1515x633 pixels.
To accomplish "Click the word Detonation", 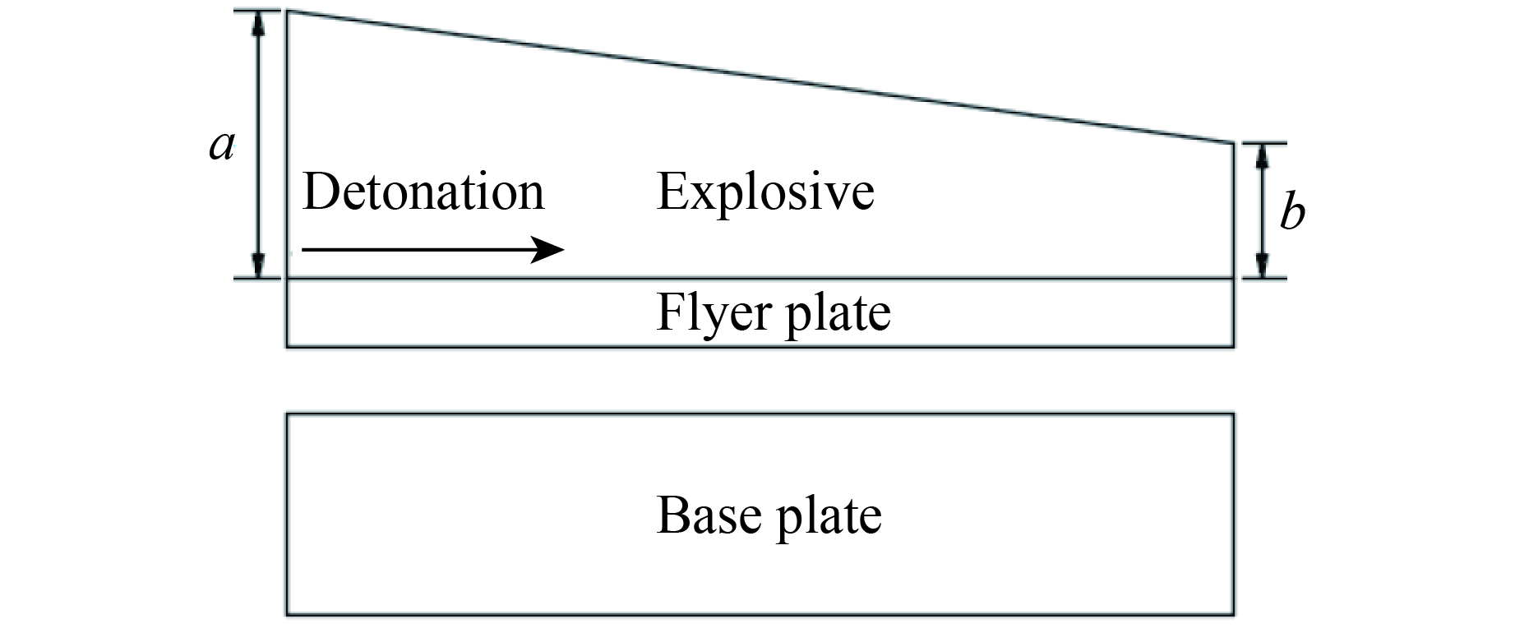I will [423, 192].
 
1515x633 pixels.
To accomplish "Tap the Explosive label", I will [765, 192].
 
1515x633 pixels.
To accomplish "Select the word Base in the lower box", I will [708, 515].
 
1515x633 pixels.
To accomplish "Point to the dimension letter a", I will [221, 146].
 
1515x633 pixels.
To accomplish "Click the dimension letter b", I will [1292, 212].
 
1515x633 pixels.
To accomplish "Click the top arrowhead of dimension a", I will [258, 23].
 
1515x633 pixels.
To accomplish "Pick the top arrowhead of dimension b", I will [1263, 155].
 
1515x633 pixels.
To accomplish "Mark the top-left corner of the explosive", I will [287, 12].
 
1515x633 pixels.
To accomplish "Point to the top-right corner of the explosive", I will [1234, 143].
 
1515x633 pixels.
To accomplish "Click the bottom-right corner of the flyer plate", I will [1234, 346].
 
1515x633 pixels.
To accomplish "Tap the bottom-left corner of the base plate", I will [287, 614].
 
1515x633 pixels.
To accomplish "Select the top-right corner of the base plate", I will [1234, 414].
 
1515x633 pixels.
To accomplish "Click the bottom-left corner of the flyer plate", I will [287, 346].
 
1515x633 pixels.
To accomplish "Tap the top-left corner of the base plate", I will [287, 414].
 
